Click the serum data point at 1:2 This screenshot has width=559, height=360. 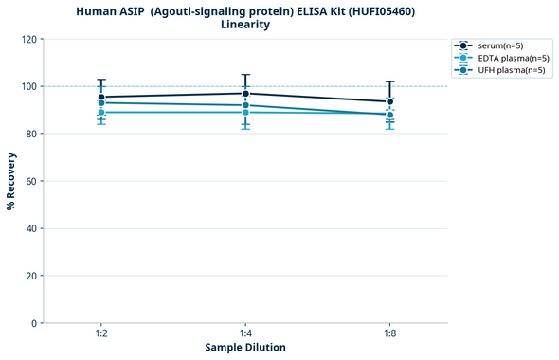coord(101,97)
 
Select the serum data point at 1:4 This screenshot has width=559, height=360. coord(245,93)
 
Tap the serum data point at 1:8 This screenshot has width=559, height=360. coord(389,101)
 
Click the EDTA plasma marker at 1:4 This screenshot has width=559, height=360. coord(245,112)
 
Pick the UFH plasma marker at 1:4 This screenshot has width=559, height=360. coord(245,105)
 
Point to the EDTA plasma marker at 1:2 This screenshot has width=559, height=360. coord(101,112)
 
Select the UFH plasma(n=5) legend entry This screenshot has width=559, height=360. coord(499,70)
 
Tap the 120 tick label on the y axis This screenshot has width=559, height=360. coord(28,39)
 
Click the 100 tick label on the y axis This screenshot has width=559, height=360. coord(28,86)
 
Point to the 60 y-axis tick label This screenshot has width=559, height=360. coord(31,181)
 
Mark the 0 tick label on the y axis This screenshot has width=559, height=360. coord(34,323)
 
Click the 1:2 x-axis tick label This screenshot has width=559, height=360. coord(101,333)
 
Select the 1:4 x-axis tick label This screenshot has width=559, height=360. coord(245,333)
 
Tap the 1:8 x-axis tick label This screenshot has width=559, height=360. coord(389,333)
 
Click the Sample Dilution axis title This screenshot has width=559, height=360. coord(245,348)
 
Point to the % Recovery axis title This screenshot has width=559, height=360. coord(11,181)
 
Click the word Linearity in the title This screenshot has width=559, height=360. coord(245,25)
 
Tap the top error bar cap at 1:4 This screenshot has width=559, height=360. coord(245,75)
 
